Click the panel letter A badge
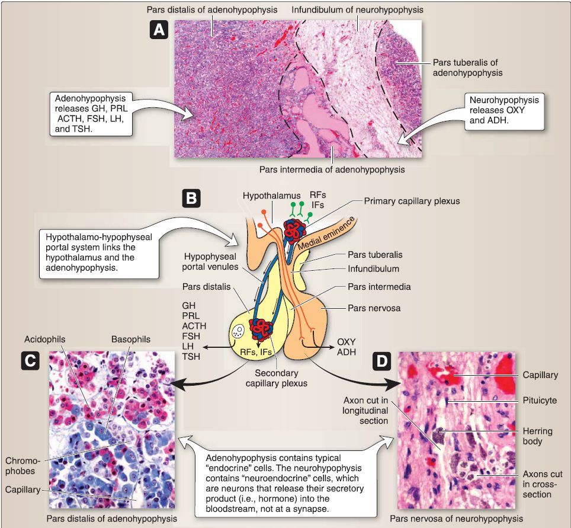[158, 30]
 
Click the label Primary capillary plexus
[412, 201]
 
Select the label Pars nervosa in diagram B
[372, 309]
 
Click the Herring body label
[538, 437]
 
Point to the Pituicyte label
[540, 401]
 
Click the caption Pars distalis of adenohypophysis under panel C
[111, 519]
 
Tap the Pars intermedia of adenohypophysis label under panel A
[332, 169]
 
